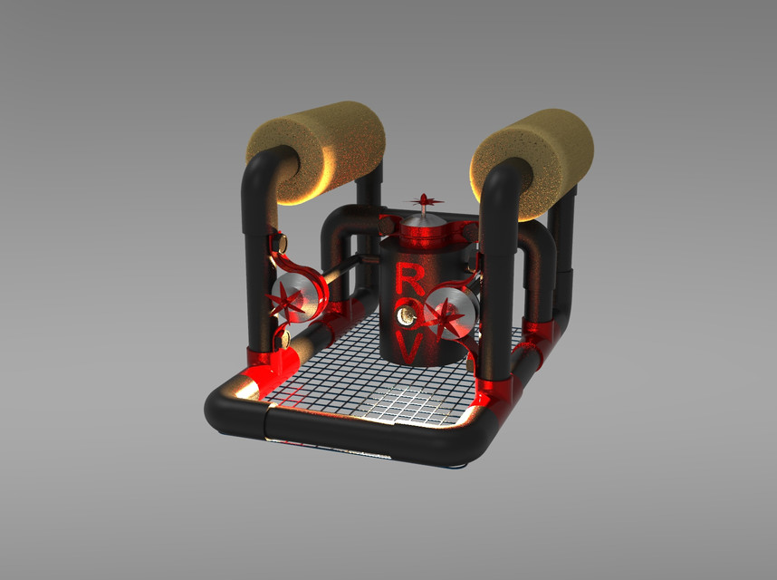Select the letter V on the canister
[x=408, y=345]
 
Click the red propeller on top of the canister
[x=424, y=200]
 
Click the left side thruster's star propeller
[x=292, y=300]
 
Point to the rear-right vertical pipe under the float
[x=564, y=245]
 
